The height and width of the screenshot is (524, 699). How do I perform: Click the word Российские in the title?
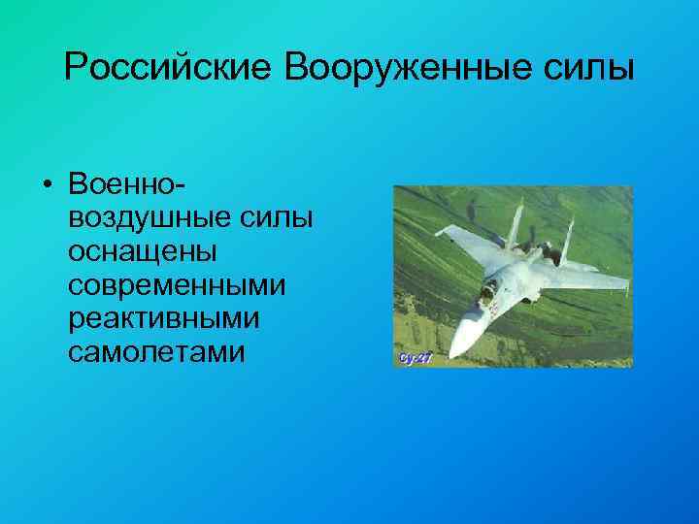[169, 68]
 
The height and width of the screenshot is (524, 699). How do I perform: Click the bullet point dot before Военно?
[48, 184]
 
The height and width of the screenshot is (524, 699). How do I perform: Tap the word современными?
[178, 285]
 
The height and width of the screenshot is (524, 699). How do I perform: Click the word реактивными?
[164, 319]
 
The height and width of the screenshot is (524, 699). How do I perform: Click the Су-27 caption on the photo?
[415, 357]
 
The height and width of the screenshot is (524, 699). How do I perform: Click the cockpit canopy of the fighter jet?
[487, 289]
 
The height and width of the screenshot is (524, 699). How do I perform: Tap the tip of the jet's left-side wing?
[436, 233]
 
